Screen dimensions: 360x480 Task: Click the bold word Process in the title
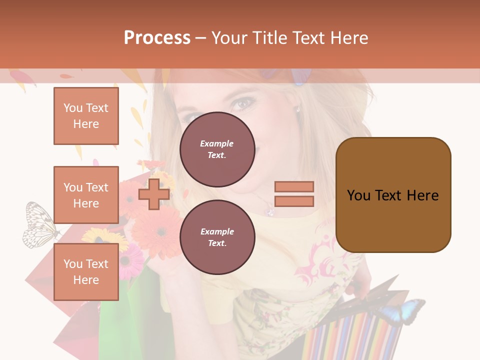[x=157, y=38]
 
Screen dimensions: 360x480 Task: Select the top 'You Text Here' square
[x=86, y=116]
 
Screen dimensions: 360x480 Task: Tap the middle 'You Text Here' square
[x=86, y=195]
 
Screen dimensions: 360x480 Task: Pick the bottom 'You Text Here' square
[x=86, y=272]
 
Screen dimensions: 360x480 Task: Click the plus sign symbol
[x=153, y=194]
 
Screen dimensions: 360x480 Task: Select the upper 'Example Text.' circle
[x=217, y=149]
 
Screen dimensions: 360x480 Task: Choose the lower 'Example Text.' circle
[x=217, y=237]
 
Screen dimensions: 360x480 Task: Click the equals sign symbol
[x=294, y=194]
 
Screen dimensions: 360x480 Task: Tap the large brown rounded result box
[x=393, y=195]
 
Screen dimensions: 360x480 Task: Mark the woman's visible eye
[x=243, y=103]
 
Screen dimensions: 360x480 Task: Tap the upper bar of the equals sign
[x=294, y=187]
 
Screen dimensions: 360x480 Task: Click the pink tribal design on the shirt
[x=320, y=260]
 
